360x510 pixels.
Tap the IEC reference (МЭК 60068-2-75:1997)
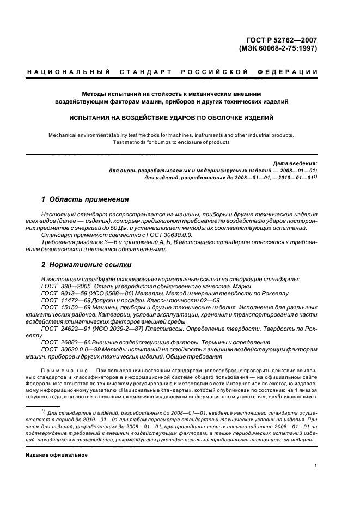coord(278,48)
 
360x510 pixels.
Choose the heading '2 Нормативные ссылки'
coord(87,265)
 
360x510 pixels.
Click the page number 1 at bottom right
coord(316,466)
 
